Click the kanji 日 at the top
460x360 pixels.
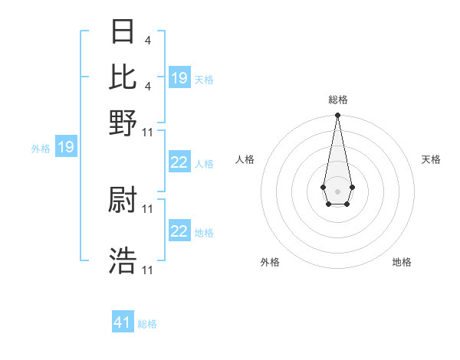[123, 32]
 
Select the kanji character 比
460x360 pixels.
[123, 77]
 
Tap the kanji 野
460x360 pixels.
[123, 122]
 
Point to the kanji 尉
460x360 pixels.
[123, 201]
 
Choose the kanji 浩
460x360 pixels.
[123, 261]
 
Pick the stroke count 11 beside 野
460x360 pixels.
[148, 132]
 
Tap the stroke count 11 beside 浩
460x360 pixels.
[148, 270]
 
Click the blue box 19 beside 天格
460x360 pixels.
[179, 78]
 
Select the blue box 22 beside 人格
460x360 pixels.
[179, 162]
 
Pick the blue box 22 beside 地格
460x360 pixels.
[179, 231]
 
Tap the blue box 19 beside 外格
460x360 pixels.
[66, 147]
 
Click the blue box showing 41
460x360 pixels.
[123, 322]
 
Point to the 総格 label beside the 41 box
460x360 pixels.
[147, 324]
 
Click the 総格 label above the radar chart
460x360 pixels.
[337, 100]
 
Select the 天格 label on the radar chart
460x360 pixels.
[431, 159]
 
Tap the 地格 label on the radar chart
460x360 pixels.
[402, 262]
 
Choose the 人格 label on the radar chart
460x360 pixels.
[245, 159]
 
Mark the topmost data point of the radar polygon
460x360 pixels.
[337, 116]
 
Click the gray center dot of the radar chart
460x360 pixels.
[337, 190]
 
